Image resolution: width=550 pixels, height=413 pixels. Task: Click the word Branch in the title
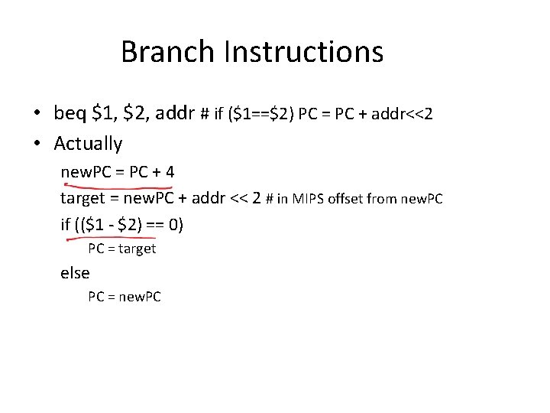click(x=169, y=52)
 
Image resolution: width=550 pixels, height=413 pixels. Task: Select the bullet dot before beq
click(x=37, y=115)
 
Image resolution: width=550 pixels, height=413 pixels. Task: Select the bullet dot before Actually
click(x=37, y=144)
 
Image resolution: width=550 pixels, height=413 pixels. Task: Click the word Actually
click(x=88, y=143)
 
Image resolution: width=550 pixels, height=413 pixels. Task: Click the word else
click(x=75, y=273)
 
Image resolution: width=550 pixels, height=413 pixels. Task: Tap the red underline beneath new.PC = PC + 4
click(x=118, y=186)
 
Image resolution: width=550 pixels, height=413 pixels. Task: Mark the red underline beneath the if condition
click(x=122, y=239)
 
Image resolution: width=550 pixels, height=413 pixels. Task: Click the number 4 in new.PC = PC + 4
click(x=169, y=172)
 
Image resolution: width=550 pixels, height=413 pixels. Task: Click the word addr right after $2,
click(x=175, y=114)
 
